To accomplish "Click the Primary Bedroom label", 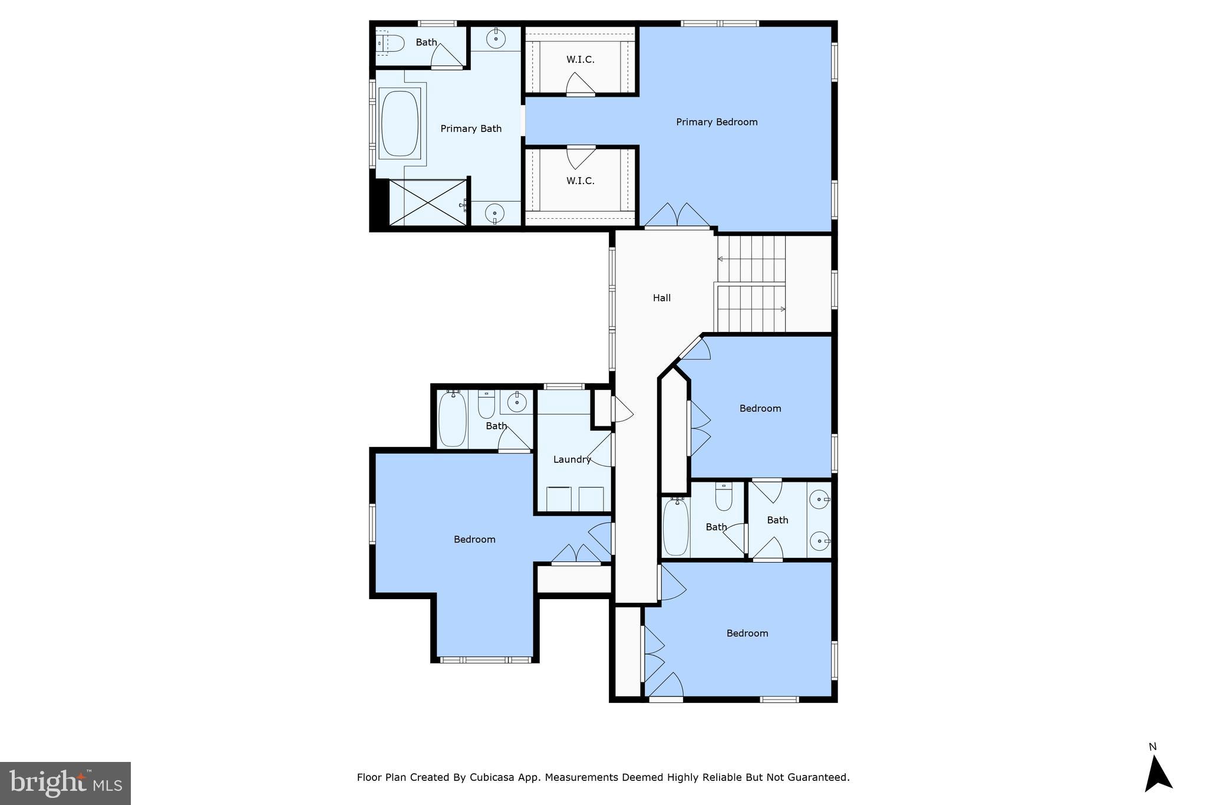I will coord(717,122).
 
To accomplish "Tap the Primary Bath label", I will coord(471,129).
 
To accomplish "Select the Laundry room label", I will coord(572,459).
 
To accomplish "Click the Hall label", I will coord(662,298).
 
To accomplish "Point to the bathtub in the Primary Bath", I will coord(400,123).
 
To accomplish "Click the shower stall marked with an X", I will coord(428,202).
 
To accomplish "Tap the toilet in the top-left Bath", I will coord(391,43).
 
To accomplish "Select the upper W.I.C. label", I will coord(581,60).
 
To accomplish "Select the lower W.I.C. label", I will coord(581,180).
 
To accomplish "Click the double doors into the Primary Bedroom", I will coord(677,216).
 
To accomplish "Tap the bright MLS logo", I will coord(65,783).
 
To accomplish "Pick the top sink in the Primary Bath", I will coord(496,39).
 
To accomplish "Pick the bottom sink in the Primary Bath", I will coord(494,212).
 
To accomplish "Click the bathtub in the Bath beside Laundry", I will coord(453,419).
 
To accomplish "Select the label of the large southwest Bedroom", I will coord(474,539).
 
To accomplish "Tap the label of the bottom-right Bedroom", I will coord(747,633).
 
